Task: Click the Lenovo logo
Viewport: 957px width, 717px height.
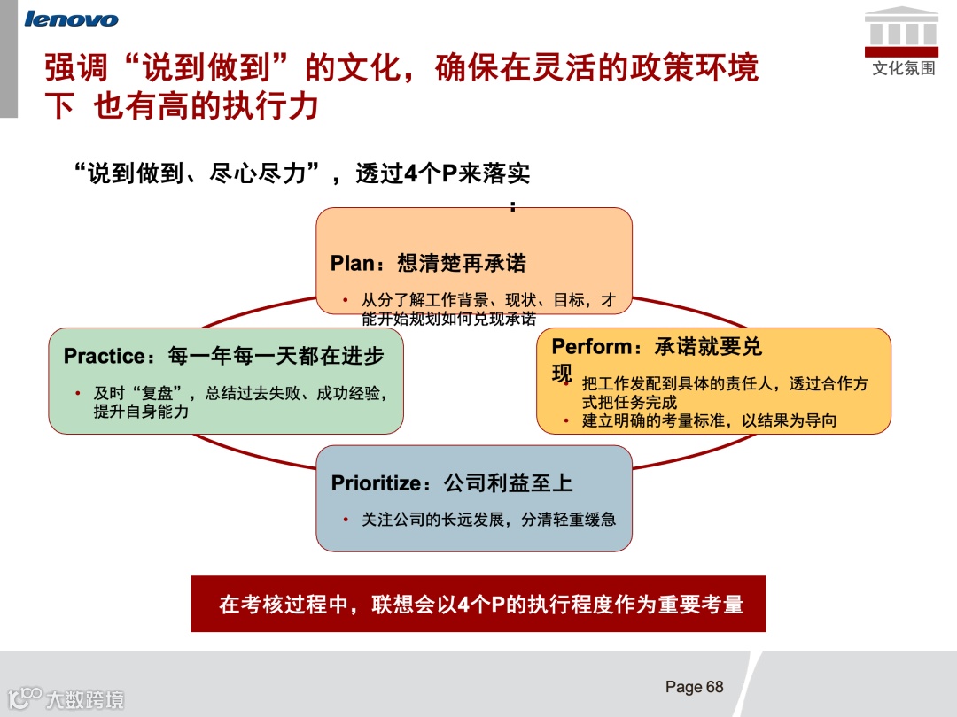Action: tap(72, 19)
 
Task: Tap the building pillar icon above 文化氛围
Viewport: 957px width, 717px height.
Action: tap(902, 27)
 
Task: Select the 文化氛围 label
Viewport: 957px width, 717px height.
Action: tap(903, 68)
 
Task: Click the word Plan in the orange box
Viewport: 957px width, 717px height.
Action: tap(353, 263)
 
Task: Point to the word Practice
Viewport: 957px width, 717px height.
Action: tap(105, 356)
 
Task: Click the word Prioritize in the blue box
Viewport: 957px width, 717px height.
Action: tap(375, 482)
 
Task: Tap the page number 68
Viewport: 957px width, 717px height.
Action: tap(714, 687)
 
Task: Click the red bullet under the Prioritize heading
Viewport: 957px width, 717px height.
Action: tap(346, 520)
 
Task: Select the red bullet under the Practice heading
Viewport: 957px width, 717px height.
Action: tap(78, 393)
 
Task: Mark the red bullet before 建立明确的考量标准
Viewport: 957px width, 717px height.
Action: tap(565, 420)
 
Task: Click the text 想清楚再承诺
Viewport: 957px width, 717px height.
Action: tap(462, 263)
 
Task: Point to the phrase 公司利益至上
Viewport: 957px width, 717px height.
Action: tap(508, 482)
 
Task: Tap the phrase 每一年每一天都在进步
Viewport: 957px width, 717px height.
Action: tap(276, 356)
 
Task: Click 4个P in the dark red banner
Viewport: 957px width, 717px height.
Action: tap(482, 605)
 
